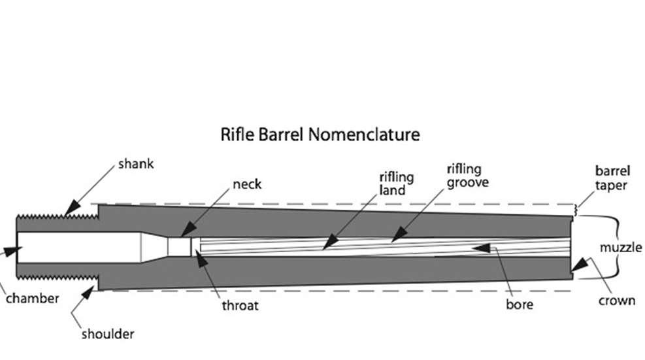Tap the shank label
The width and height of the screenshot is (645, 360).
tap(136, 163)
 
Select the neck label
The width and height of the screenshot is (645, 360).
tap(247, 184)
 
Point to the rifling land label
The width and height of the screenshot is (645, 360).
tap(392, 184)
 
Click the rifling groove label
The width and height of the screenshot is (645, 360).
tap(467, 176)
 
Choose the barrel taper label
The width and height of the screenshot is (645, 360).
tap(612, 178)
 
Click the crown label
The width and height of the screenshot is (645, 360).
tap(617, 301)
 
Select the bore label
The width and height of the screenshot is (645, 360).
tap(520, 304)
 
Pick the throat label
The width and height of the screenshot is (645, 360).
tap(240, 305)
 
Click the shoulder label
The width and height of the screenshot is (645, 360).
tap(107, 334)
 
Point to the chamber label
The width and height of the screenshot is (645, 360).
tap(33, 299)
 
